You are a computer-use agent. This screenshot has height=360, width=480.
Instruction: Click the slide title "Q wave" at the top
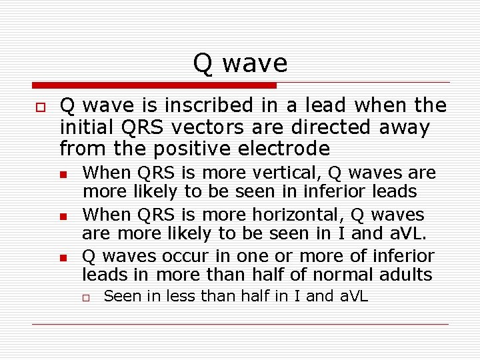pyautogui.click(x=240, y=63)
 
